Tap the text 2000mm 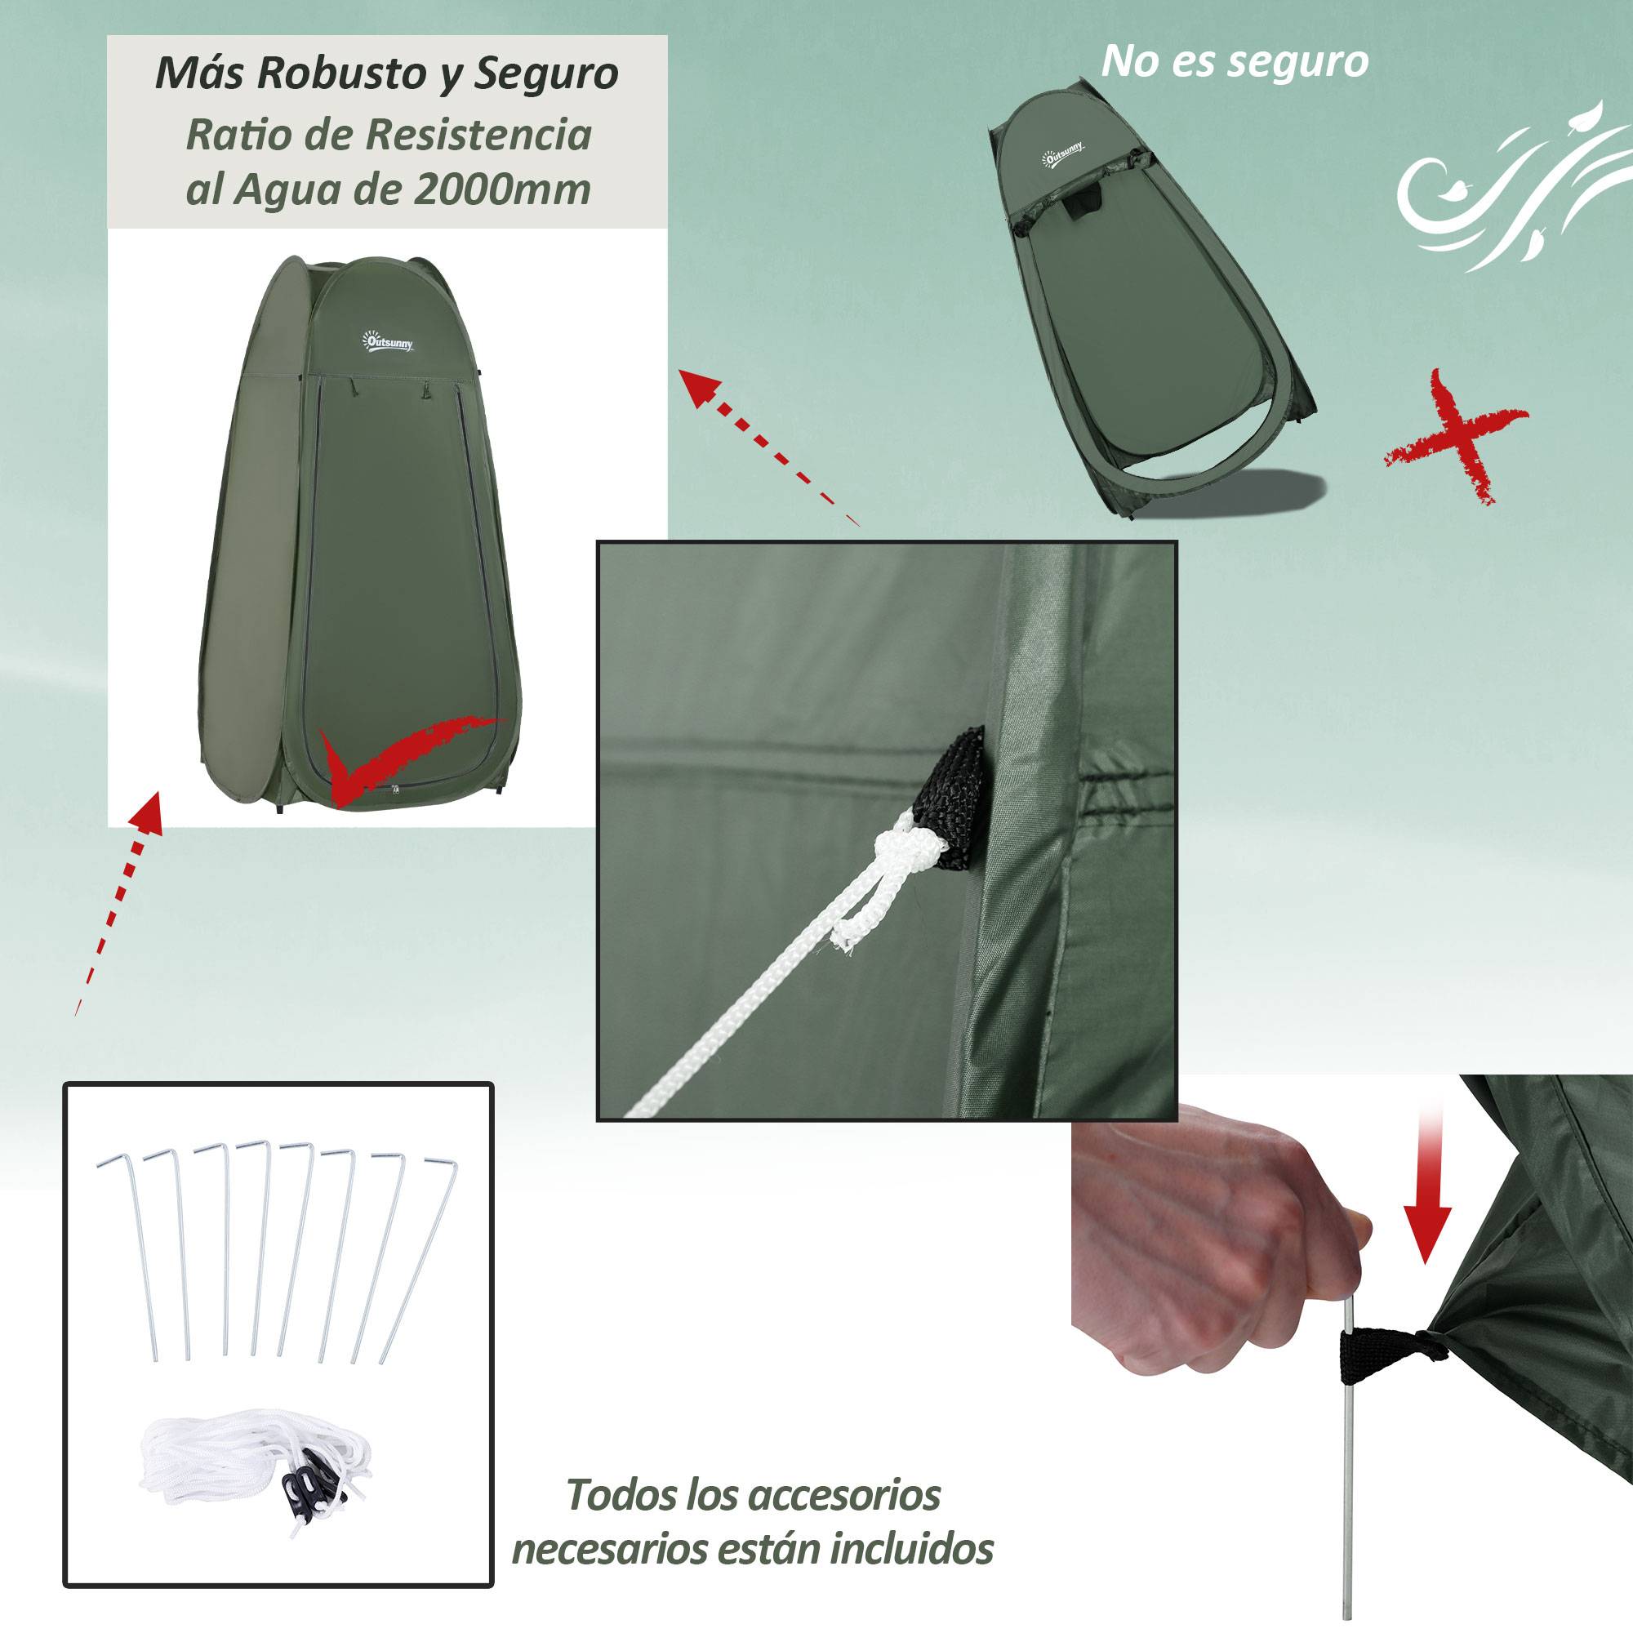[503, 189]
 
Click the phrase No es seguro [1235, 61]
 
